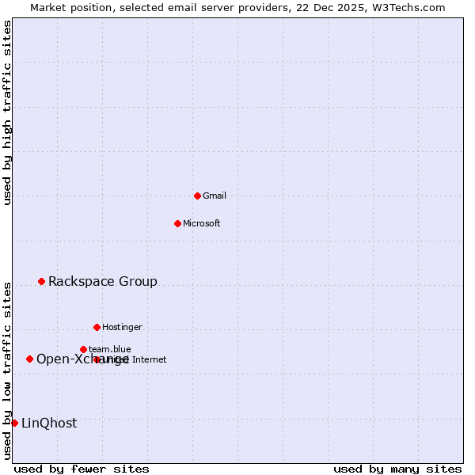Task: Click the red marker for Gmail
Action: (197, 196)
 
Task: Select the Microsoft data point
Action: (177, 223)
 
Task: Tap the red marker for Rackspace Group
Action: (41, 281)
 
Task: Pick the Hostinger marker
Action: (97, 327)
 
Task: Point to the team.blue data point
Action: (83, 349)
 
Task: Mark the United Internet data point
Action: (97, 359)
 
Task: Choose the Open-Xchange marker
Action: (29, 359)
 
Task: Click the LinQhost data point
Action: (14, 423)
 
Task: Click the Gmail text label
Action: (215, 196)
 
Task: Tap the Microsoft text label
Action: (202, 223)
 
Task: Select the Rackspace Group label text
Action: (103, 281)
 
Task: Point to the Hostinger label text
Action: (122, 327)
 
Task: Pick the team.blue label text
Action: (110, 349)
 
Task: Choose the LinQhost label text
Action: (49, 423)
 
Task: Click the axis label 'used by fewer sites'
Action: (82, 469)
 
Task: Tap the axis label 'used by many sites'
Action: (397, 469)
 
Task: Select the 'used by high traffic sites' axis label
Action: (8, 112)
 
